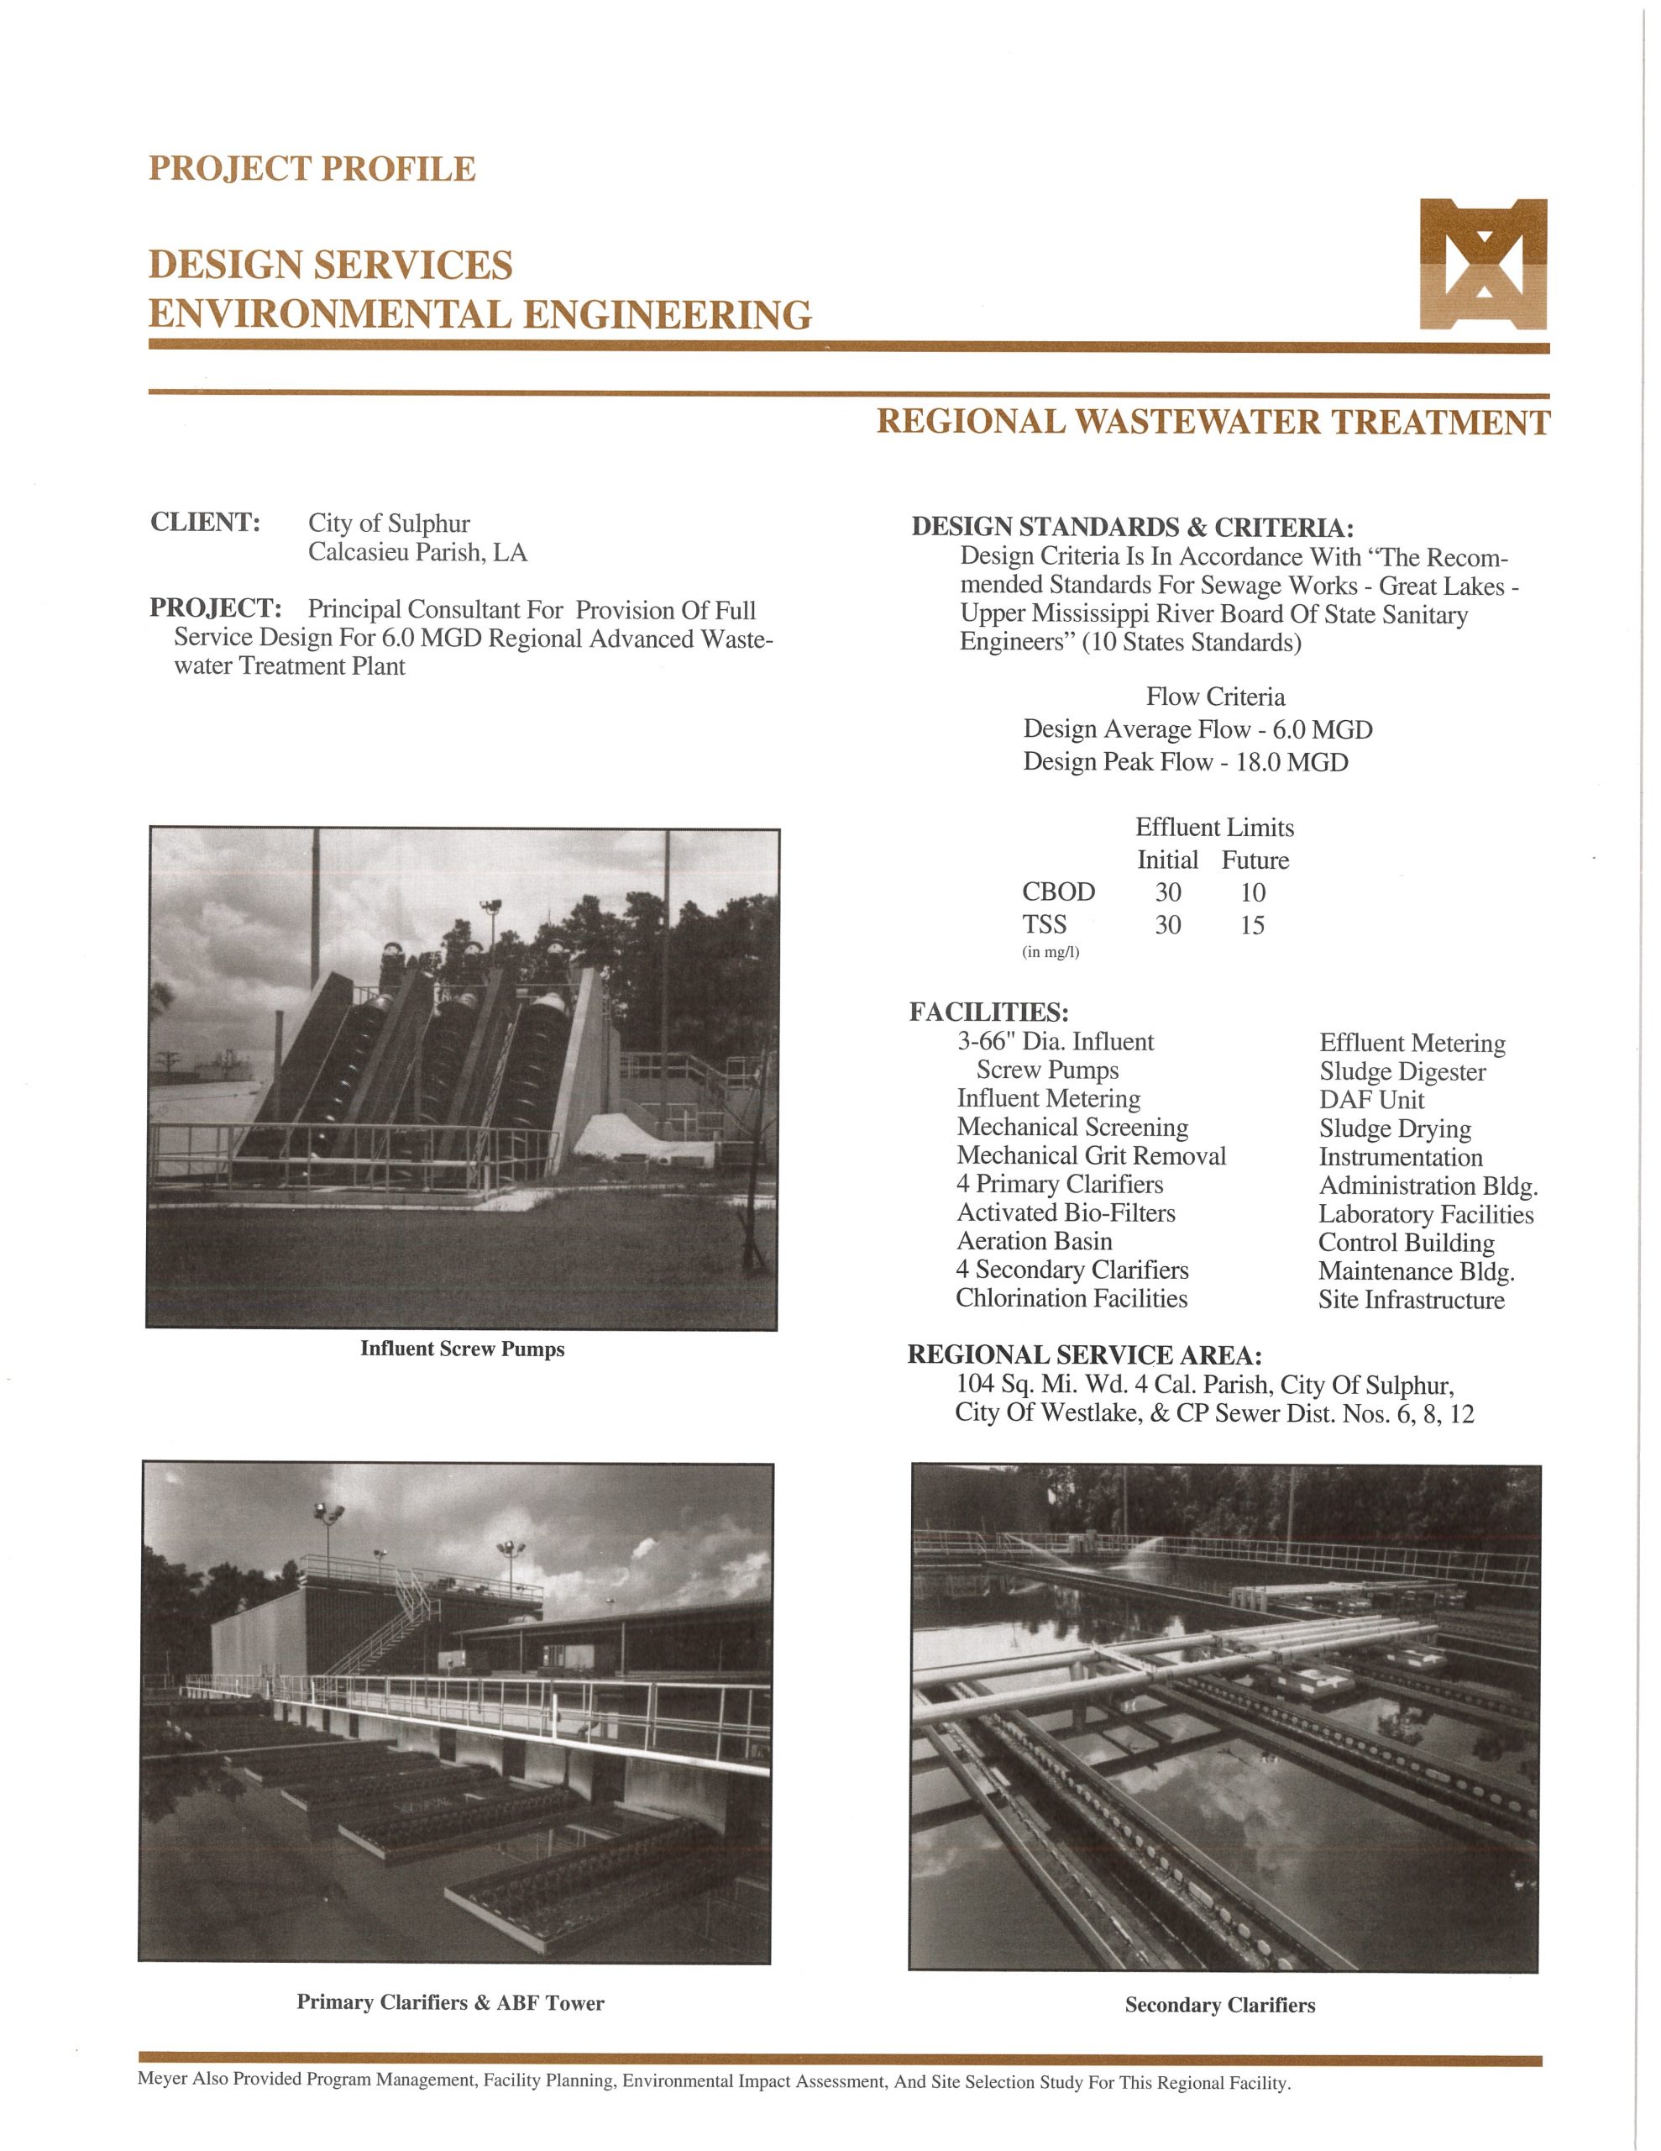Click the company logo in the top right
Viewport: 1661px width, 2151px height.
(1482, 264)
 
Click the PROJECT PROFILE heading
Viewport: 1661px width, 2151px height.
(312, 170)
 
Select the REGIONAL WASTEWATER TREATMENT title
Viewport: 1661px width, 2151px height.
(1213, 423)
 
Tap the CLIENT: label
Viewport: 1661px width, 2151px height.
(205, 522)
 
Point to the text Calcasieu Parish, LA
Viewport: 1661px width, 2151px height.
(417, 553)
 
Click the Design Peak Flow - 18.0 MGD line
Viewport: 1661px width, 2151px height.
(1185, 762)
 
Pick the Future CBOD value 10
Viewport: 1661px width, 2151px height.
(1252, 893)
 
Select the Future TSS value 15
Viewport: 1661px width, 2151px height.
(1252, 926)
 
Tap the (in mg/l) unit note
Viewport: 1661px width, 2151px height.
(1051, 952)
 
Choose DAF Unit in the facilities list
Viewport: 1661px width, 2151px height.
(1371, 1100)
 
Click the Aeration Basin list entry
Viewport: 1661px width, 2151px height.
(1034, 1242)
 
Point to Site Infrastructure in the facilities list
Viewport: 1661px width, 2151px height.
(1411, 1300)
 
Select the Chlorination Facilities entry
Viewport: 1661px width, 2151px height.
(1072, 1299)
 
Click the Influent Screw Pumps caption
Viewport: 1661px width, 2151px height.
(462, 1349)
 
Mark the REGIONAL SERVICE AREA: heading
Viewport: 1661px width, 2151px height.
(1084, 1356)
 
